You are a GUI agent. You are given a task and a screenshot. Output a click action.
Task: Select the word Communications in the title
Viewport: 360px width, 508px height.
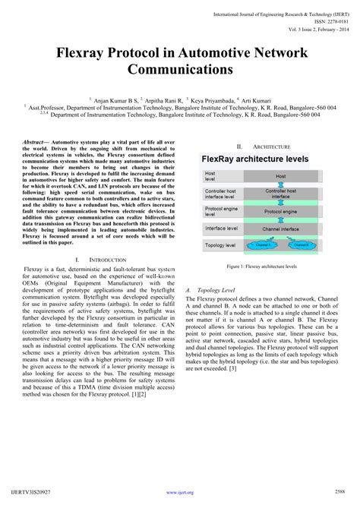[180, 70]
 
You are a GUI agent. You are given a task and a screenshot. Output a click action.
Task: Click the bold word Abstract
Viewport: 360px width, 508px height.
[35, 143]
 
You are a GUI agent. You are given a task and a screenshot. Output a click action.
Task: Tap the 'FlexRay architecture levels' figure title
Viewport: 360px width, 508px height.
[254, 160]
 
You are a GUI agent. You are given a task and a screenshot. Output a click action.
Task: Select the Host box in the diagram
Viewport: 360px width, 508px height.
[281, 175]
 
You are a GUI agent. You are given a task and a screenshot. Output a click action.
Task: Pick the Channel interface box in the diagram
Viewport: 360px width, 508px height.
[281, 228]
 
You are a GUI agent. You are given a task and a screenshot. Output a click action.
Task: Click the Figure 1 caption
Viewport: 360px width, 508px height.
[261, 267]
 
